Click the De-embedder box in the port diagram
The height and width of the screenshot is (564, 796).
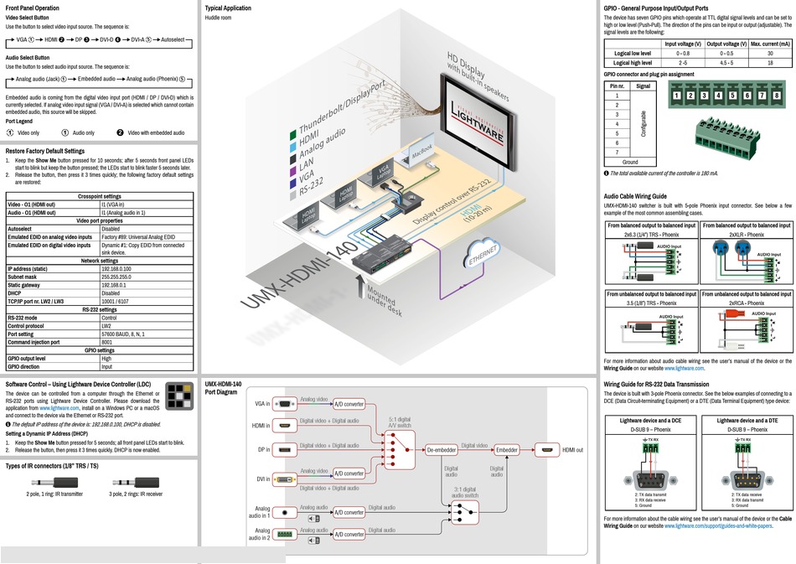[x=441, y=450]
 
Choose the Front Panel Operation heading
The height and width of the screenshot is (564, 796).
[x=33, y=8]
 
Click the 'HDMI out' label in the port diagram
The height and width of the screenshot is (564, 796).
[x=573, y=450]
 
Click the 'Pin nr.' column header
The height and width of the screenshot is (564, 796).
[x=616, y=85]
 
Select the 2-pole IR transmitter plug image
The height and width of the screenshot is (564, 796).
[x=54, y=483]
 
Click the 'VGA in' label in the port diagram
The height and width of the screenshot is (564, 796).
[x=262, y=404]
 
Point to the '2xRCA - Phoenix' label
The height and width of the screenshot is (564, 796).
[x=746, y=303]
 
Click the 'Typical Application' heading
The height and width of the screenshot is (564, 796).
[x=228, y=8]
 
